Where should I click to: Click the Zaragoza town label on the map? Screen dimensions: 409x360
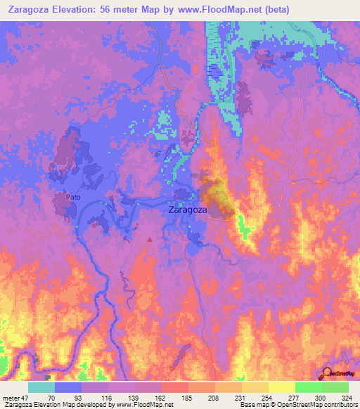[188, 209]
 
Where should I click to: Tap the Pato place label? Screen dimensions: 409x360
[73, 197]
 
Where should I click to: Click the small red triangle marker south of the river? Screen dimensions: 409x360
[149, 240]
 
